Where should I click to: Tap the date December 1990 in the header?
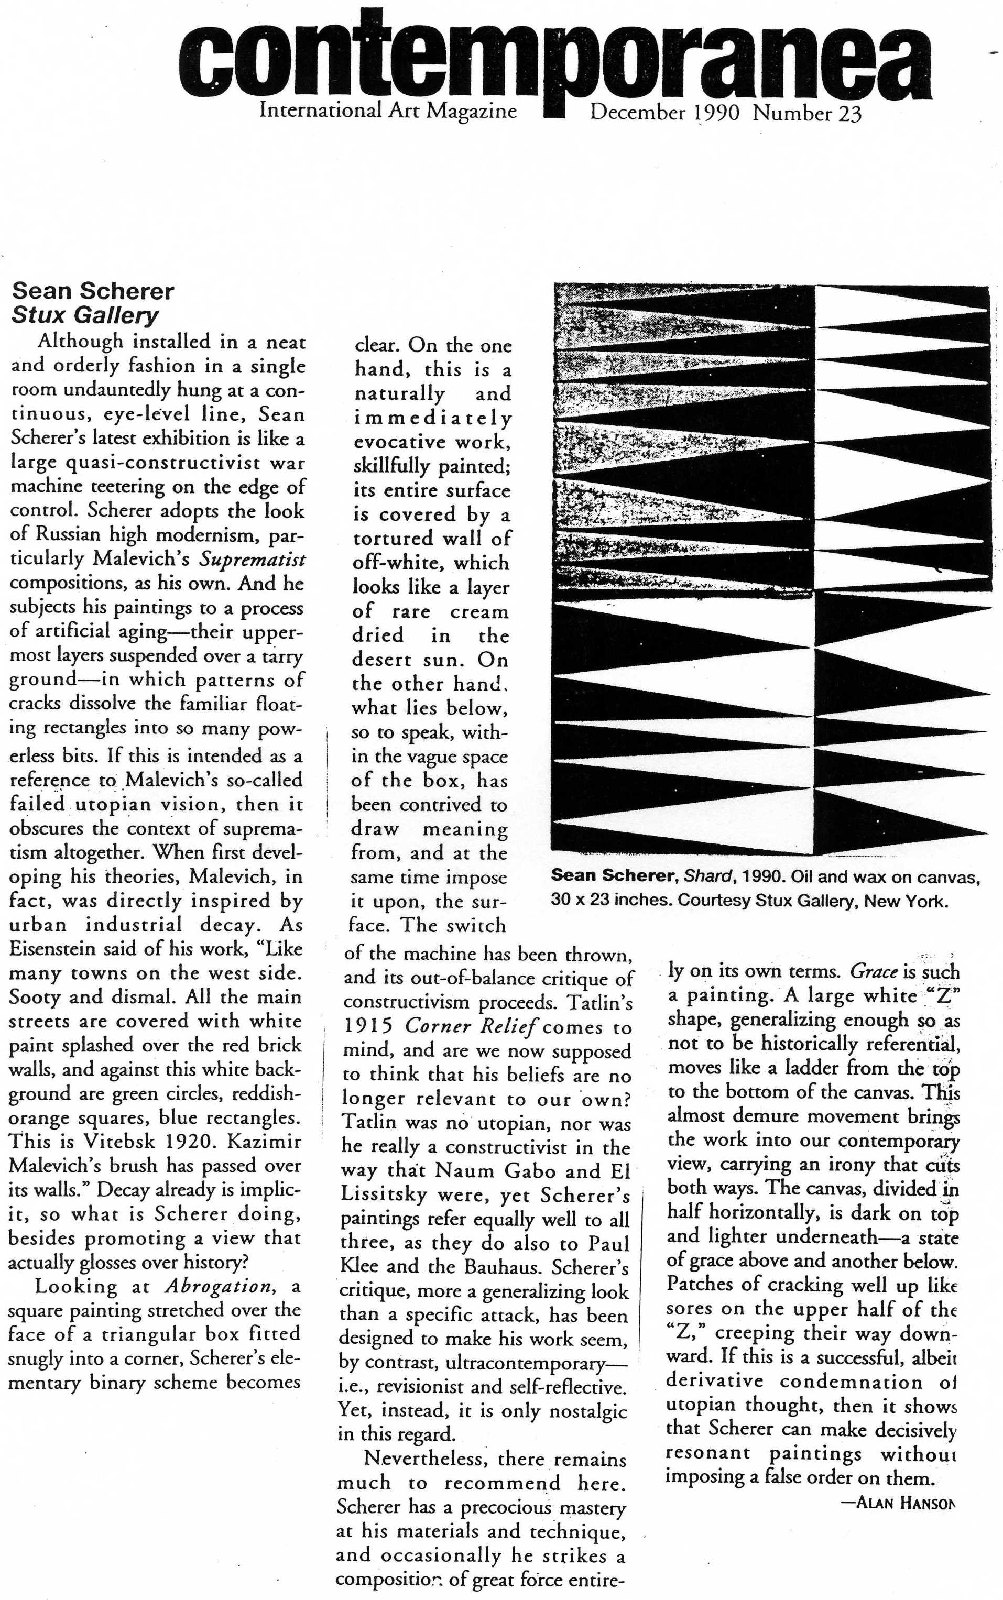(x=664, y=113)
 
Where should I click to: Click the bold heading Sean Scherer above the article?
(x=93, y=291)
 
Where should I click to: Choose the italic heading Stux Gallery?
(x=85, y=315)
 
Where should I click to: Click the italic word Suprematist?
(x=253, y=559)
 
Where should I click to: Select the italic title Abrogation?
(x=218, y=1286)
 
